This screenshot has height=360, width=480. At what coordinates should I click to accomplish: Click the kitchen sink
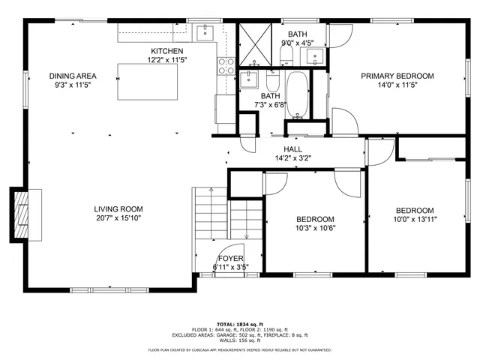[x=205, y=33]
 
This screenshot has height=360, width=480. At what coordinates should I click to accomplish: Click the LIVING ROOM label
[x=118, y=209]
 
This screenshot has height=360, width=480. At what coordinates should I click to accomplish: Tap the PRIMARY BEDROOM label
[x=397, y=76]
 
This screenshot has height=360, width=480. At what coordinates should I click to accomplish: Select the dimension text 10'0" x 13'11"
[x=415, y=219]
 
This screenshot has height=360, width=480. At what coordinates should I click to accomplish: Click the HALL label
[x=292, y=149]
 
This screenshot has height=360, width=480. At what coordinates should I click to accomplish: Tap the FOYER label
[x=230, y=258]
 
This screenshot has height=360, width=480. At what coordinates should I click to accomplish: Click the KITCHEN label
[x=166, y=51]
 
